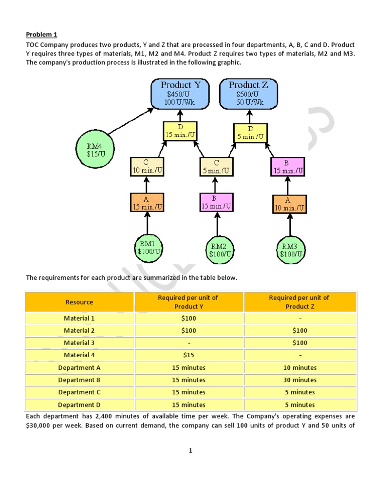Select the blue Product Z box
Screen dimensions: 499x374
pos(248,94)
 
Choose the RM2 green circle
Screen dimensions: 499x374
pos(218,249)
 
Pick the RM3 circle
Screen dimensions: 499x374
pos(290,249)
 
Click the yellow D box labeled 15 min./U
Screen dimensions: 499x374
pos(180,131)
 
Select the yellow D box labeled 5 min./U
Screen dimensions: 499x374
pos(250,133)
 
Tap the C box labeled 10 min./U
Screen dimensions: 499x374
pos(146,167)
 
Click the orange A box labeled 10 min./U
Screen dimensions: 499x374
pos(289,204)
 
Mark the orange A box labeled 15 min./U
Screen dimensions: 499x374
pos(147,202)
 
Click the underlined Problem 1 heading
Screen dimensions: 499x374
pos(41,34)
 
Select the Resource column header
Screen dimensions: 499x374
pos(79,302)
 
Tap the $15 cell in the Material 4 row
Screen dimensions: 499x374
pos(188,355)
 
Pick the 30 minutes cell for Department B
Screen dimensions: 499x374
pos(300,380)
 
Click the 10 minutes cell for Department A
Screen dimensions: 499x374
pos(300,368)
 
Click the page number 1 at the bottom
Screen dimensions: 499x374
pos(190,451)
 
